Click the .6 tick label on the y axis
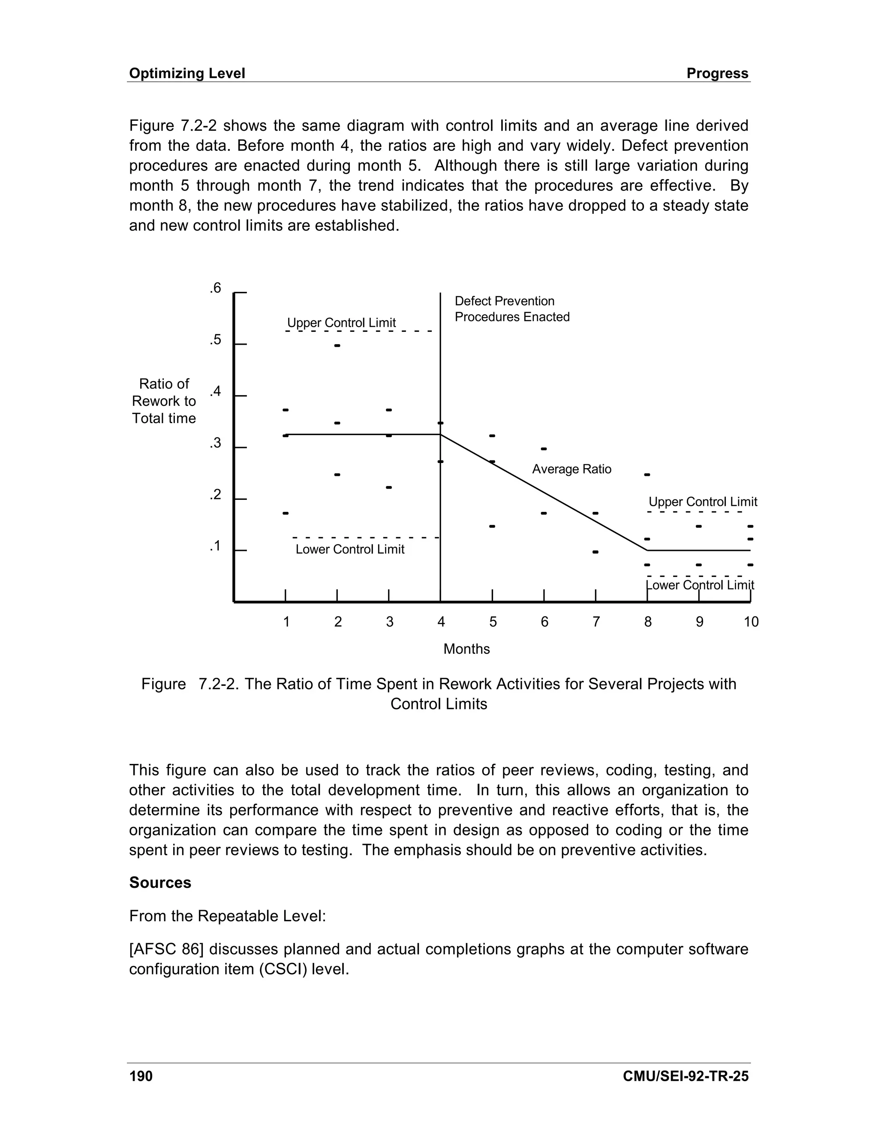[215, 288]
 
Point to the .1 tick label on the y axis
[215, 546]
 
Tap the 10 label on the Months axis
[751, 622]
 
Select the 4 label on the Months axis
[441, 622]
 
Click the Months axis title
[466, 649]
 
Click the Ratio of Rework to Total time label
[164, 401]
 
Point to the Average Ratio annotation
[571, 469]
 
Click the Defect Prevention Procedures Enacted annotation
[512, 309]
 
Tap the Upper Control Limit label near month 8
[703, 502]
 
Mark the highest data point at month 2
[337, 346]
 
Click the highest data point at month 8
[648, 475]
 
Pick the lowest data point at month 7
[595, 552]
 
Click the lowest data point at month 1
[285, 514]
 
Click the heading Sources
[160, 883]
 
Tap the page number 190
[141, 1076]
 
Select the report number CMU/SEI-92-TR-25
[686, 1076]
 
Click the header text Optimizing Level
[187, 73]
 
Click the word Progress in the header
[717, 73]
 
